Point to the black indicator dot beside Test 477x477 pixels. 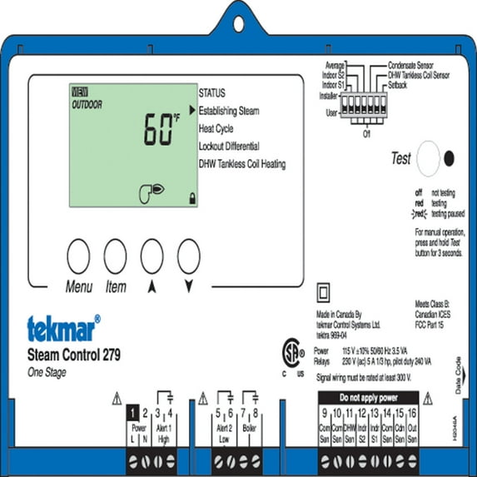point(450,157)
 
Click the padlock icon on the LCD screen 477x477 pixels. point(193,197)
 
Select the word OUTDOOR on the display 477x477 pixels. point(87,105)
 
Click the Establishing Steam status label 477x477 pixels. point(229,111)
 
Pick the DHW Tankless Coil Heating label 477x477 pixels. point(242,164)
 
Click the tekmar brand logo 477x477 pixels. point(63,327)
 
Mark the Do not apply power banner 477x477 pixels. point(365,398)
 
